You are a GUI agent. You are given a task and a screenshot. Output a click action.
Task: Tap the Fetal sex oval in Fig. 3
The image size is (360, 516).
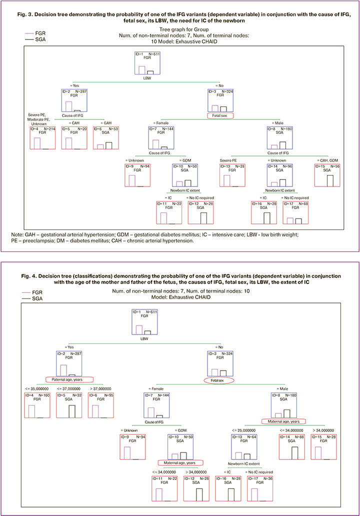point(222,115)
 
